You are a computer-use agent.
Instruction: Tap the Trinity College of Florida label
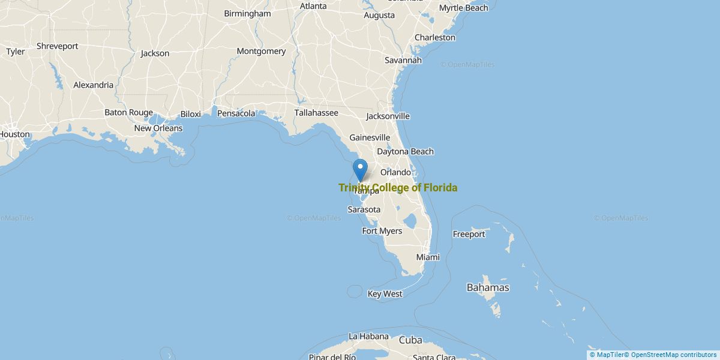[x=398, y=188]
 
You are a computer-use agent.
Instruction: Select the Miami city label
[x=428, y=257]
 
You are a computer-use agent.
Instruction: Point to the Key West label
[x=385, y=294]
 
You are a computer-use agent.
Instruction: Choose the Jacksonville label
[x=388, y=116]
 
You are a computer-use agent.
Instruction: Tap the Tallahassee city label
[x=316, y=113]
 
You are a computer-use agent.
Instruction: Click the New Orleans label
[x=158, y=128]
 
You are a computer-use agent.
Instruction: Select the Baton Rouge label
[x=128, y=112]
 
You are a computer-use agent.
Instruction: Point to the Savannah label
[x=403, y=60]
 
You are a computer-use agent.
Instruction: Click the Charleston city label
[x=434, y=37]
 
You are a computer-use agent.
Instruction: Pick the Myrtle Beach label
[x=463, y=8]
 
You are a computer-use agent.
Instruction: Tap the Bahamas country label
[x=488, y=287]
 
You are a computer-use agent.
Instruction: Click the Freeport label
[x=469, y=234]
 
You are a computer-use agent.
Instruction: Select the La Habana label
[x=368, y=336]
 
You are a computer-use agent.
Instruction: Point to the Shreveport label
[x=57, y=46]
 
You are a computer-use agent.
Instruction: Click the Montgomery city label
[x=261, y=51]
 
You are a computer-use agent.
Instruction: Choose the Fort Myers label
[x=382, y=231]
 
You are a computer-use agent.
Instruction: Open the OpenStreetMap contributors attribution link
[x=673, y=355]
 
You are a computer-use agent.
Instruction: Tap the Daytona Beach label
[x=405, y=152]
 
